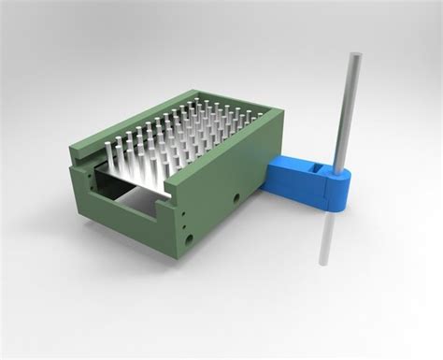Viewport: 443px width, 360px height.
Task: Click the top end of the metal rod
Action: tap(355, 57)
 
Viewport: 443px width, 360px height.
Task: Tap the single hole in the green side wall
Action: tap(237, 199)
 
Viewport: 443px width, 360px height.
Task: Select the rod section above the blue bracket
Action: tap(348, 112)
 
